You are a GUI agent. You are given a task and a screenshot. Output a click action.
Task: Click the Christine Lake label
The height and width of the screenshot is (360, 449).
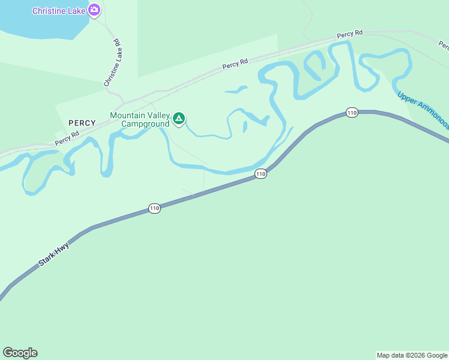(x=59, y=11)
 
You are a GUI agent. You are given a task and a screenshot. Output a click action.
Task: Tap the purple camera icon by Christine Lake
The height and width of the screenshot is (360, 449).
(x=94, y=10)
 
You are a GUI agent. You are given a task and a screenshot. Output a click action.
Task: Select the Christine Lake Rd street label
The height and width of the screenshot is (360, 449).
(x=113, y=63)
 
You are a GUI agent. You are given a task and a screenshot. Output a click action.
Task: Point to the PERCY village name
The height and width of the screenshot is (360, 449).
(x=82, y=123)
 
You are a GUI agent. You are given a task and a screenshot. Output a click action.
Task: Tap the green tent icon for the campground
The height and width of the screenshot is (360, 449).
(x=178, y=118)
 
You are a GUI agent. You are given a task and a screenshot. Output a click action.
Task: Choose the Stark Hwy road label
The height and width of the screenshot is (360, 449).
(x=53, y=254)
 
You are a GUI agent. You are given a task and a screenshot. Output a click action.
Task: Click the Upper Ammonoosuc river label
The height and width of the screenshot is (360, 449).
(x=423, y=110)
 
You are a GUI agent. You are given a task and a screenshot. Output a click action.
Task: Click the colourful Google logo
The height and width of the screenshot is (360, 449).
(x=20, y=353)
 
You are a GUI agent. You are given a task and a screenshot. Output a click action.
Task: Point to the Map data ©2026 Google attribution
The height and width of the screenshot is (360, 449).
(x=412, y=355)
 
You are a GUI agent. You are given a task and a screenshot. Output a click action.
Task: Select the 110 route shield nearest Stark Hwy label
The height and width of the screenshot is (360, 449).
(x=154, y=208)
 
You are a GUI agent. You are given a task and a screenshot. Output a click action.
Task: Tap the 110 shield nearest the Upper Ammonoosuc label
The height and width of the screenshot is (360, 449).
(x=352, y=112)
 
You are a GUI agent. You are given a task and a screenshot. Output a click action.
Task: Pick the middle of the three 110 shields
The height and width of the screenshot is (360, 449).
(x=260, y=173)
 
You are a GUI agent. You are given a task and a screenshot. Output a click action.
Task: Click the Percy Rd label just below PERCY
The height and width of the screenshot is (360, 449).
(x=67, y=139)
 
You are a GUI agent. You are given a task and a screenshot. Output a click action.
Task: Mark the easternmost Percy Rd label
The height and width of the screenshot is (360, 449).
(x=349, y=34)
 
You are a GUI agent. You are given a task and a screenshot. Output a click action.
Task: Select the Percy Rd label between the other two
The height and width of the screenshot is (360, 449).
(x=235, y=64)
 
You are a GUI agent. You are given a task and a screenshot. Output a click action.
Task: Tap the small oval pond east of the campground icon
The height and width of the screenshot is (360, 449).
(x=245, y=126)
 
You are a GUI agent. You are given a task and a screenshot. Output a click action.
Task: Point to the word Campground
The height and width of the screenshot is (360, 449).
(x=145, y=124)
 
